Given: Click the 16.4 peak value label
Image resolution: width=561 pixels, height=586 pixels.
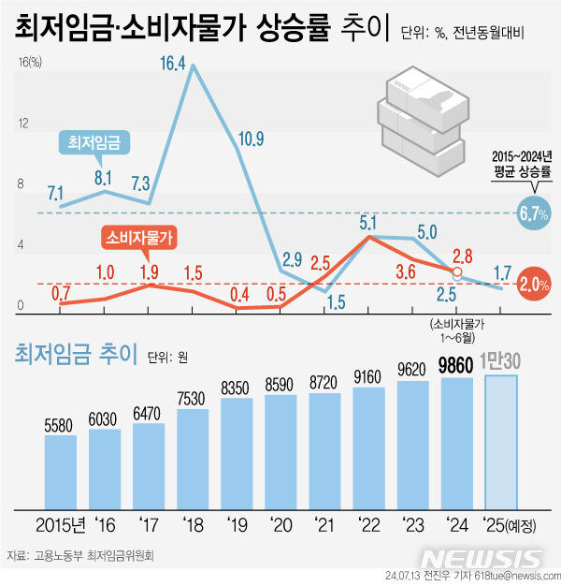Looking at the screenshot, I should (x=173, y=65).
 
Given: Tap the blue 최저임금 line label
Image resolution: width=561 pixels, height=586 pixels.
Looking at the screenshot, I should (x=94, y=141).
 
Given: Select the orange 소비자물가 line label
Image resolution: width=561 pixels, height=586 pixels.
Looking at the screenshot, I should (x=141, y=238).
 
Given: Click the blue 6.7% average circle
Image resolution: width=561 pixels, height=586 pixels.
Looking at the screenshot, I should (x=532, y=213).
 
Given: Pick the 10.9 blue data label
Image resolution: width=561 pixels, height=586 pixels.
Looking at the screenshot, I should (x=251, y=139).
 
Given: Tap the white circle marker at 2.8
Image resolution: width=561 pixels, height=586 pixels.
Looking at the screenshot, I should (x=456, y=273).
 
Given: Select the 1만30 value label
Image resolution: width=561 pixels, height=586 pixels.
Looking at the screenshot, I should (x=500, y=361).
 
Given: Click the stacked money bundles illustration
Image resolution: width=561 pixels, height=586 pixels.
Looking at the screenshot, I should (x=421, y=117).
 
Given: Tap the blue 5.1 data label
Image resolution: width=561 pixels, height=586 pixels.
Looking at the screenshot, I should (x=367, y=223).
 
